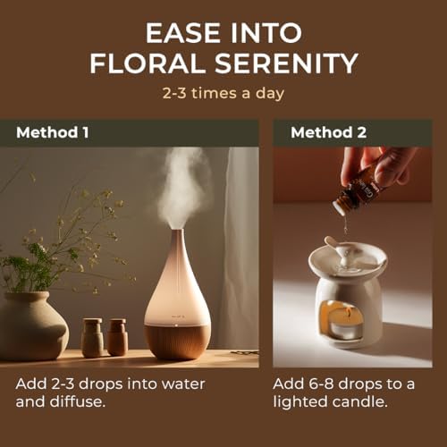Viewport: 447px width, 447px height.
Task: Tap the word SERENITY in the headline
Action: pos(286,63)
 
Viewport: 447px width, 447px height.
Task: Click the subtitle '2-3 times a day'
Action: pos(223,93)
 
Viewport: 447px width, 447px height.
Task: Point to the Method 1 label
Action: pos(53,132)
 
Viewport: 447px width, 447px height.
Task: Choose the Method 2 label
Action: pos(328,132)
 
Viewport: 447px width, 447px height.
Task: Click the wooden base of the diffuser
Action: pos(177,342)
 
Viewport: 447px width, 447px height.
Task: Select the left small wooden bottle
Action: pos(92,338)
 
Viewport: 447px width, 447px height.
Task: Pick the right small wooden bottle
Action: pos(117,337)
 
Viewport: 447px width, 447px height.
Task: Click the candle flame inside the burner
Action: pos(348,313)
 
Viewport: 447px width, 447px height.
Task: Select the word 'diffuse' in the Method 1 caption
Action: pos(76,401)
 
